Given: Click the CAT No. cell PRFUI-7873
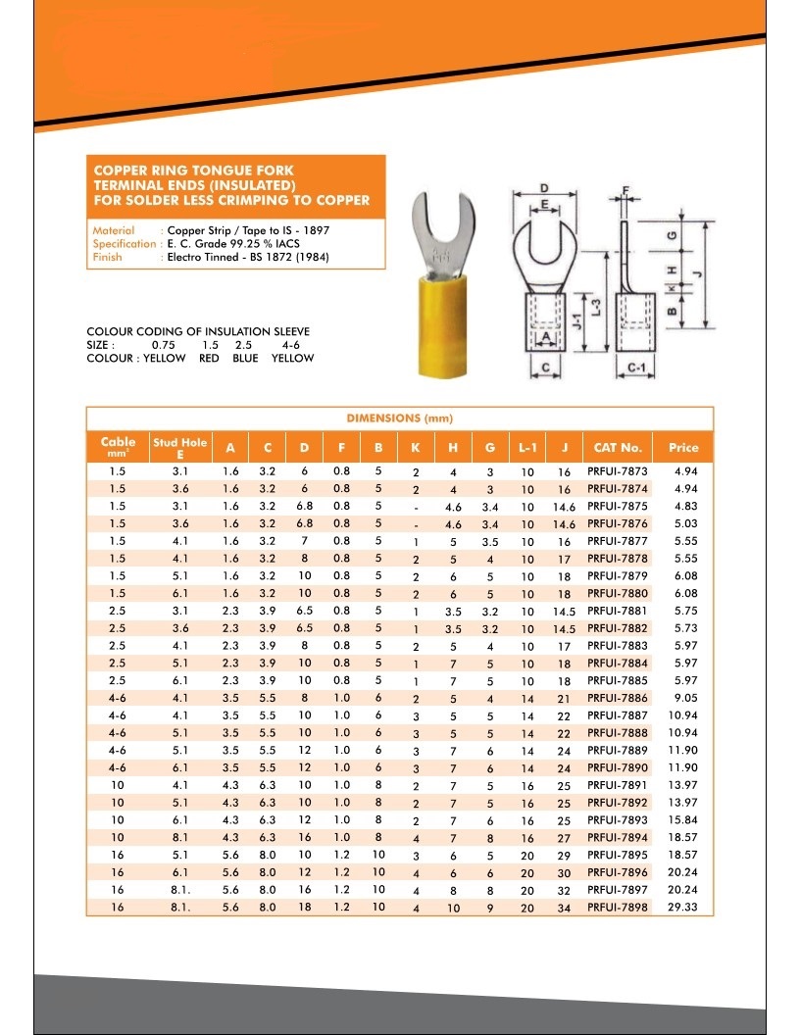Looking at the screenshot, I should click(617, 472).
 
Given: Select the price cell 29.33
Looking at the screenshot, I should click(683, 908).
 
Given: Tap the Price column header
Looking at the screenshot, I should click(683, 448).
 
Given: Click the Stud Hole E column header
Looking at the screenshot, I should click(179, 448).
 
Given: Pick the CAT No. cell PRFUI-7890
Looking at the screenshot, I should click(617, 768).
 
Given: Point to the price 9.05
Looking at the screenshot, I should click(683, 699).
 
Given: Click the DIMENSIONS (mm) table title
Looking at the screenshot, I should click(399, 419).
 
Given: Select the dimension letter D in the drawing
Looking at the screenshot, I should click(543, 187).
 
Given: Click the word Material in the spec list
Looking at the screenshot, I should click(114, 231).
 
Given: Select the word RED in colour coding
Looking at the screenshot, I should click(209, 359).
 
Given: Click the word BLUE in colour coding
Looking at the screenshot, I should click(245, 359).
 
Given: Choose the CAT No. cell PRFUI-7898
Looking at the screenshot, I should click(617, 908).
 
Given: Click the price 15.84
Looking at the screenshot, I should click(683, 820).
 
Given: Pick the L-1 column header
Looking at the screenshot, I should click(527, 448).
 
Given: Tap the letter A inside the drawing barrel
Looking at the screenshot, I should click(544, 338).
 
